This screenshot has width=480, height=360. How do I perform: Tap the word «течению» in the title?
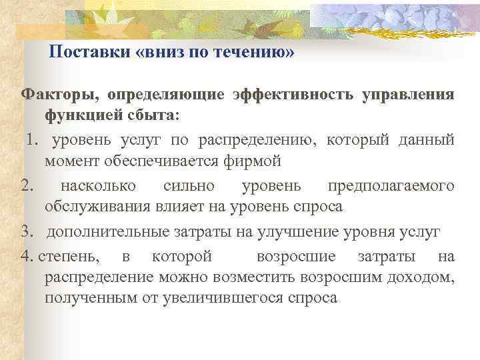pyautogui.click(x=256, y=53)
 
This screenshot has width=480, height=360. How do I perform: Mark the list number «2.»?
pyautogui.click(x=27, y=185)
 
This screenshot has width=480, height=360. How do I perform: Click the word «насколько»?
pyautogui.click(x=99, y=185)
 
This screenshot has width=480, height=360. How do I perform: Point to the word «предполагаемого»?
pyautogui.click(x=391, y=185)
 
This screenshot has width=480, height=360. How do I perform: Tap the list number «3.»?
pyautogui.click(x=27, y=231)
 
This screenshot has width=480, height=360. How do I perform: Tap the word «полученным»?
pyautogui.click(x=85, y=298)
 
